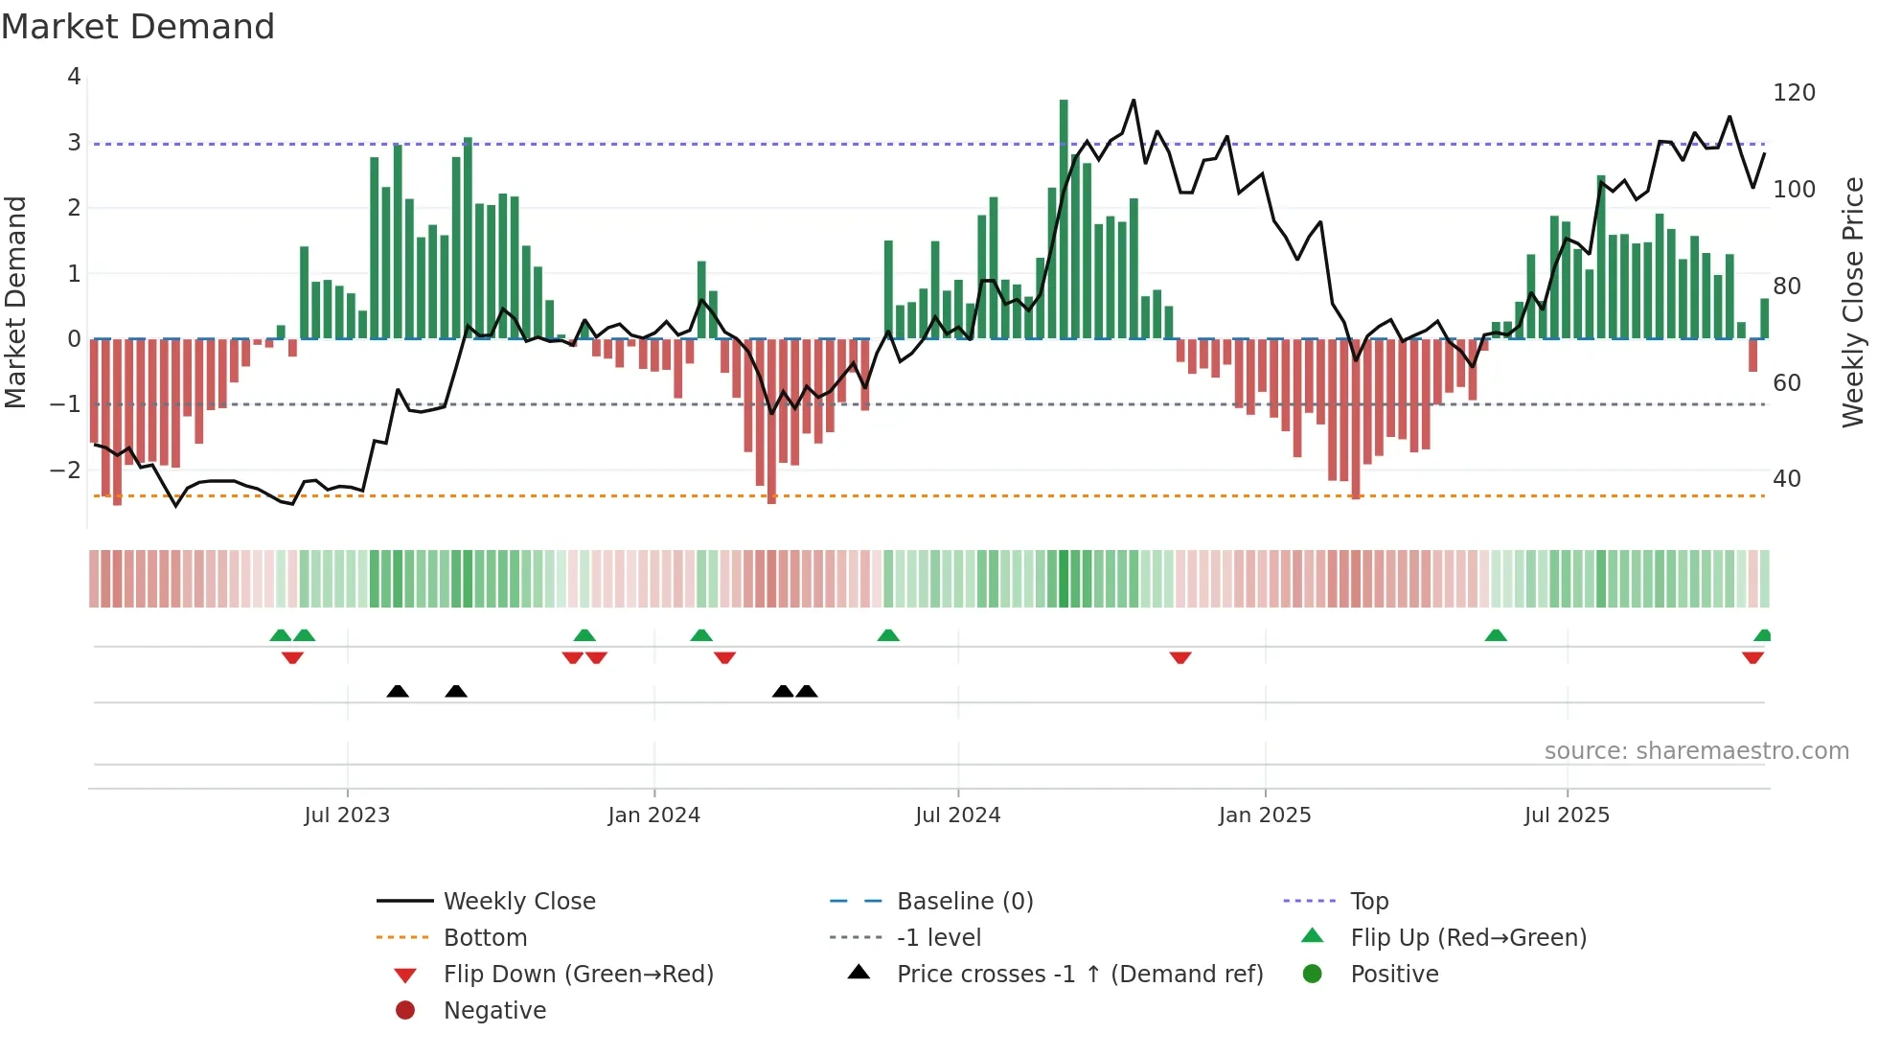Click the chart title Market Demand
point(138,27)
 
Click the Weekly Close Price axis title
point(1853,302)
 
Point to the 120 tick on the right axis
point(1794,93)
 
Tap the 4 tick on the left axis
point(74,77)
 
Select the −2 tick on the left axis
point(65,471)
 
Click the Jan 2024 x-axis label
point(653,815)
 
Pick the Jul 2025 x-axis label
point(1567,815)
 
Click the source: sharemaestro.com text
point(1696,751)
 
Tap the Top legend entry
point(1368,902)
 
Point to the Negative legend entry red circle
point(405,1011)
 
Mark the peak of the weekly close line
point(1134,100)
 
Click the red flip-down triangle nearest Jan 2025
point(1180,657)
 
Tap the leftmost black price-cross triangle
point(398,691)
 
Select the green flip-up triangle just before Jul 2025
point(1496,635)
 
